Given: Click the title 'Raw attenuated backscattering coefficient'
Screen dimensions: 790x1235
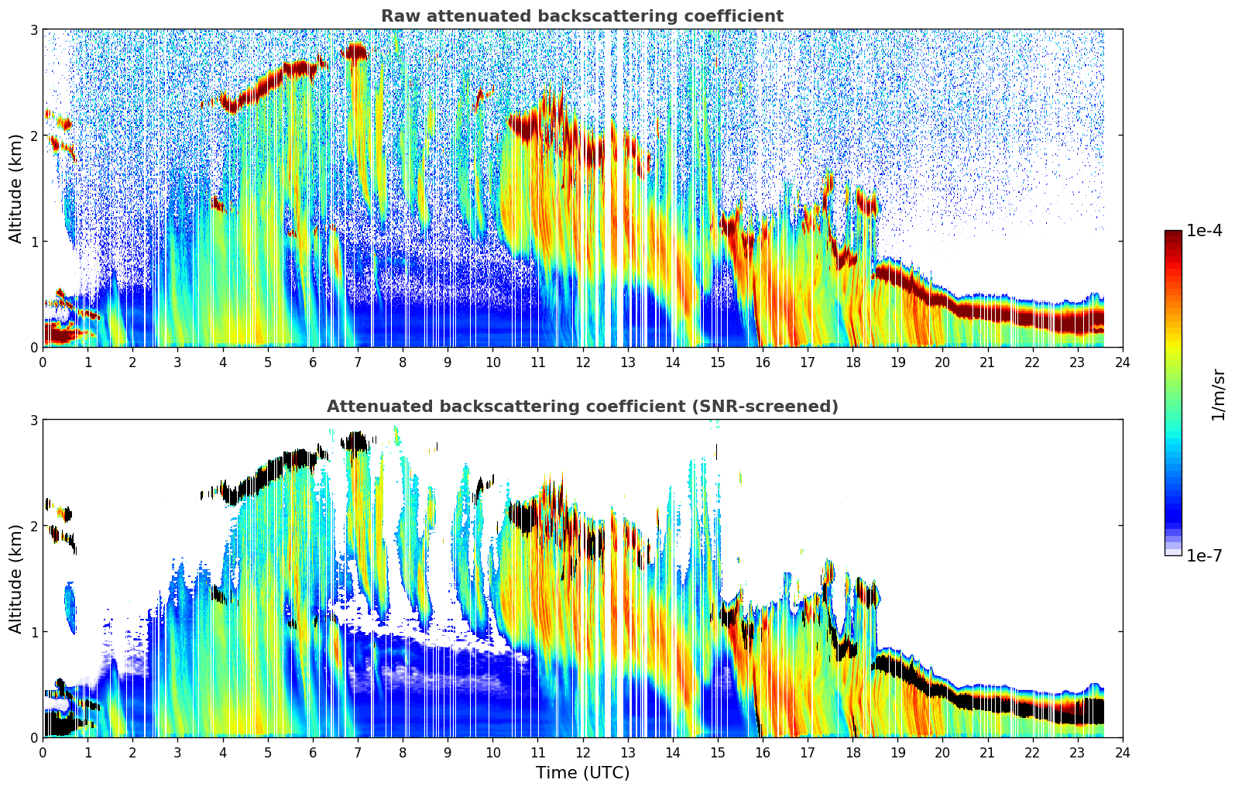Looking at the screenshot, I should [582, 16].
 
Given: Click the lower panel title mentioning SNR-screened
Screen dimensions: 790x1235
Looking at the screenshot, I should [582, 407].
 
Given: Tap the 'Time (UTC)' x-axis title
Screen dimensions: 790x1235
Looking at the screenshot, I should [582, 773].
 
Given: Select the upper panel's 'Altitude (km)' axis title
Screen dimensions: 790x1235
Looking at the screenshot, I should [15, 188].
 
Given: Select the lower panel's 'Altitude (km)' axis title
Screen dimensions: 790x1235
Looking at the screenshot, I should [15, 579].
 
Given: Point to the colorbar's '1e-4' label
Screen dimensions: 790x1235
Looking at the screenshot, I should [1204, 231].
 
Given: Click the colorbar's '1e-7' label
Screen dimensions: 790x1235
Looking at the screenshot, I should [1204, 555].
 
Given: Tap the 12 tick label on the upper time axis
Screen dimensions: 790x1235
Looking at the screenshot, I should [582, 362].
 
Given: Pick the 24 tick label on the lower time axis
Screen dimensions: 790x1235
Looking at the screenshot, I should [1122, 752].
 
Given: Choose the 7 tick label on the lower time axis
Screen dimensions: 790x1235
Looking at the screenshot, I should [358, 752].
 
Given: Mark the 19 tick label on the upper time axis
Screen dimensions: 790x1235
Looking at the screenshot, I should [897, 362].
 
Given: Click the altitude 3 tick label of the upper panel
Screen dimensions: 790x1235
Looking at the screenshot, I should [34, 29].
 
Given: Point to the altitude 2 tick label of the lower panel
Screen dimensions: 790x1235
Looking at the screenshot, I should [34, 526].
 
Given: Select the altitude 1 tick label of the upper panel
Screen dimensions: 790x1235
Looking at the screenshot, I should [34, 242].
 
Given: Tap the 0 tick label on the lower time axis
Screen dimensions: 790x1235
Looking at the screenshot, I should [43, 752].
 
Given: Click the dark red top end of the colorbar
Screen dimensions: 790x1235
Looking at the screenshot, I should [1173, 235].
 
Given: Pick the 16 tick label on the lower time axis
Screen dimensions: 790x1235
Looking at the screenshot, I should [763, 752].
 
